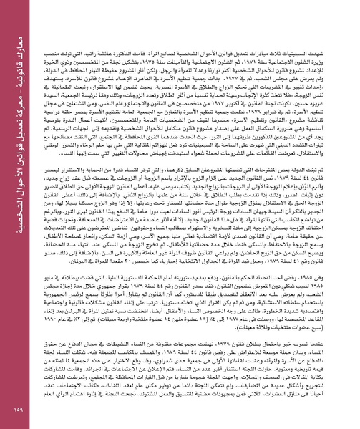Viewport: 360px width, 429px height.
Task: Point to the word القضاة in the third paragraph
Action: point(270,256)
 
